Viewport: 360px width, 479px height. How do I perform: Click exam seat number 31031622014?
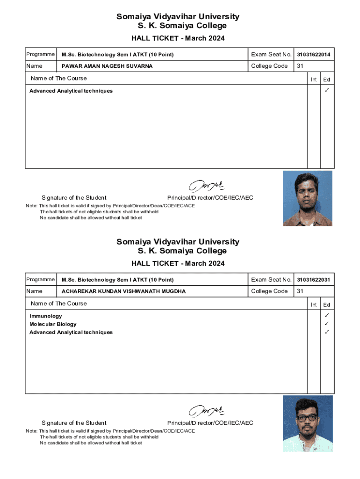click(x=313, y=55)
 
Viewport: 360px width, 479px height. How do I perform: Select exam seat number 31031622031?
click(x=313, y=280)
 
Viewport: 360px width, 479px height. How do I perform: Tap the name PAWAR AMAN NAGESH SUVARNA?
click(x=107, y=66)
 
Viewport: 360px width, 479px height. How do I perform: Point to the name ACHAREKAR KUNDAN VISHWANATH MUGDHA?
click(x=123, y=291)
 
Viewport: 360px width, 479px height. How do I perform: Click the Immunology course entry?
click(x=45, y=316)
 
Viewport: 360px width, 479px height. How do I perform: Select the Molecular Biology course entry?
click(x=53, y=324)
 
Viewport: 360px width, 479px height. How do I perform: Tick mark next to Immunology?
click(x=327, y=316)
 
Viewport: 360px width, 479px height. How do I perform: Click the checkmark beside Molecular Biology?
click(x=327, y=324)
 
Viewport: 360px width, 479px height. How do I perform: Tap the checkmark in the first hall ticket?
click(x=327, y=90)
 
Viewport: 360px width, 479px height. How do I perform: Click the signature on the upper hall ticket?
click(x=206, y=185)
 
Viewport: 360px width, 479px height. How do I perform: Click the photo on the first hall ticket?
click(x=307, y=198)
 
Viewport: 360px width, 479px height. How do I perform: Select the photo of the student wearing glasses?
click(x=308, y=423)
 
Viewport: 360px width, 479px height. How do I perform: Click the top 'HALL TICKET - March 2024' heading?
click(x=178, y=38)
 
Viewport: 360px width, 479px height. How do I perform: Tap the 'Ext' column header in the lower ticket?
click(x=327, y=305)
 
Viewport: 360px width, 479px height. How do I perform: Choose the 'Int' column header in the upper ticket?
click(x=314, y=80)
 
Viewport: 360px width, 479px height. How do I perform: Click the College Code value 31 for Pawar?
click(x=300, y=66)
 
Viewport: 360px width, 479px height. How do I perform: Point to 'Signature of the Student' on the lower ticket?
click(x=74, y=423)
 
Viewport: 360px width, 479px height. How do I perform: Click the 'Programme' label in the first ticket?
click(x=40, y=54)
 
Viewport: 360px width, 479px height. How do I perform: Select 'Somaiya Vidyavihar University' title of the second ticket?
click(x=178, y=242)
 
